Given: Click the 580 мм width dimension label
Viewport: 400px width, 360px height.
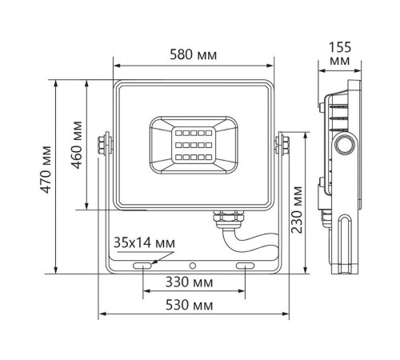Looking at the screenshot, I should pos(194,54).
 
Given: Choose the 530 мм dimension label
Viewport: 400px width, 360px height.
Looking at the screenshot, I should pos(193,306).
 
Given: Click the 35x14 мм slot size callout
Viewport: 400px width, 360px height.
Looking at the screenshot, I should pos(142,242).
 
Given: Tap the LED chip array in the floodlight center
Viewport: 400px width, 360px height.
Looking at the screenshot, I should pos(194,143).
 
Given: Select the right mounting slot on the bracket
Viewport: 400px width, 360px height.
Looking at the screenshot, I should pos(245,264).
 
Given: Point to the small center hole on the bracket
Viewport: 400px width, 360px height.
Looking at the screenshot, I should pos(193,264).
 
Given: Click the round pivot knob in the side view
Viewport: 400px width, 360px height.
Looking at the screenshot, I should pos(345,144).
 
